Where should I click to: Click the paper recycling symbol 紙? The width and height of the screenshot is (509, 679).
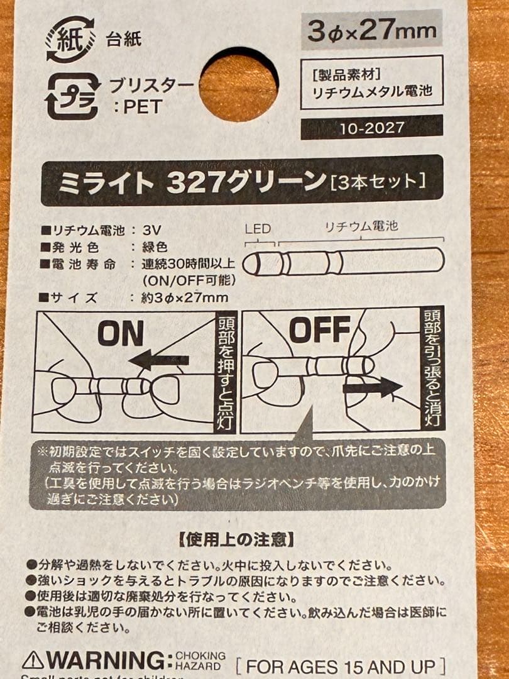pos(70,39)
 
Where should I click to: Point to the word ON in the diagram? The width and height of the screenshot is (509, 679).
pos(121,334)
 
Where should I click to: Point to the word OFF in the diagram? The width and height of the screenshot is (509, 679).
pos(320,329)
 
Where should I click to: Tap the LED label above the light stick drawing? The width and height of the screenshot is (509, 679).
pos(258,230)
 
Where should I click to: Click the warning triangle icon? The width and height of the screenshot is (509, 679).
pos(32,660)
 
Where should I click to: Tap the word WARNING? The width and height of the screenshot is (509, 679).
pos(107,661)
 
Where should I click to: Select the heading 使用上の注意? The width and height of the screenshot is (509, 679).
pos(236,539)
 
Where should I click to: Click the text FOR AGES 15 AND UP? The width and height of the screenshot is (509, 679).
pos(342,666)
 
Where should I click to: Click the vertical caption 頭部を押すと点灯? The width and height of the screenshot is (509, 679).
pos(226,372)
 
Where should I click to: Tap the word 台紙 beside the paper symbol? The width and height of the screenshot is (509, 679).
pos(124,40)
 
